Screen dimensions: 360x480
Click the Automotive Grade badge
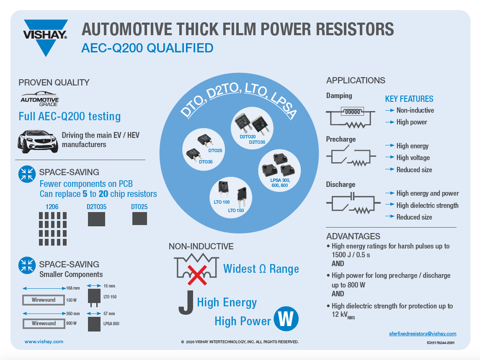[40, 99]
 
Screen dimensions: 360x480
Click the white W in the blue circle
[286, 319]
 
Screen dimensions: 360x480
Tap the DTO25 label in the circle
[215, 150]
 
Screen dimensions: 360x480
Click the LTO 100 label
[222, 202]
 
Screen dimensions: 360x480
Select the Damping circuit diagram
[350, 117]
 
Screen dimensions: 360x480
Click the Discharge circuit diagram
[350, 204]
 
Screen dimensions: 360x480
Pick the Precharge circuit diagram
[350, 157]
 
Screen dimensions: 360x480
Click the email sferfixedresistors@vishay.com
[423, 334]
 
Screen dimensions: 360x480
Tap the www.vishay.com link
[44, 342]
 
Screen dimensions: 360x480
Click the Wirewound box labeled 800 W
[44, 324]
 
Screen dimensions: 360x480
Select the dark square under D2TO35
[96, 219]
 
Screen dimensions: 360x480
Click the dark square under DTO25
[139, 218]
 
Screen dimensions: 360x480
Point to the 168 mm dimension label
[72, 288]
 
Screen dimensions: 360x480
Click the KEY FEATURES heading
[409, 99]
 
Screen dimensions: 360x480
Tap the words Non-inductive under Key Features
[415, 110]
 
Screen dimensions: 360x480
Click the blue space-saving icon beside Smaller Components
[27, 265]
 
